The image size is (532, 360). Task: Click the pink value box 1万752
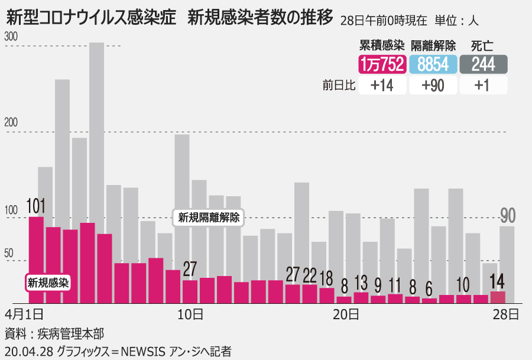click(382, 64)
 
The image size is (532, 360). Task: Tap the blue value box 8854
click(433, 64)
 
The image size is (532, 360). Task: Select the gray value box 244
click(484, 64)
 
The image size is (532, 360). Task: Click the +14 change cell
click(382, 85)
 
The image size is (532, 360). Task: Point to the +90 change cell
click(433, 85)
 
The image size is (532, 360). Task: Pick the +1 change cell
click(484, 85)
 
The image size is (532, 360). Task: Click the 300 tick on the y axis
click(11, 37)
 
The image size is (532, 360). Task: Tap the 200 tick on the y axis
click(11, 123)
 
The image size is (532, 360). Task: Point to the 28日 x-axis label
click(507, 313)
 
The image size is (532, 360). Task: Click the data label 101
click(36, 206)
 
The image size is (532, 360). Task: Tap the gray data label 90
click(507, 216)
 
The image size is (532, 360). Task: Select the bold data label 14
click(498, 281)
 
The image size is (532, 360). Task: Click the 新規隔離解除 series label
click(209, 218)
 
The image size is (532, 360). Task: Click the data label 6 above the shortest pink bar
click(429, 289)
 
